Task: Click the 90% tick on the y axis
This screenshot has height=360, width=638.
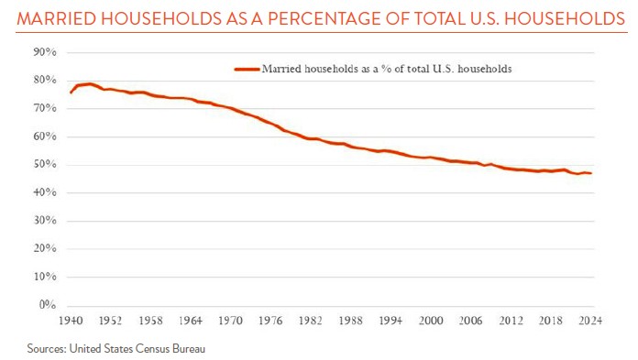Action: pos(45,52)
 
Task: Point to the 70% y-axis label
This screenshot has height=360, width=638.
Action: pos(45,108)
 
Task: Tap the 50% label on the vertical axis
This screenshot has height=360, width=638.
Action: pos(45,165)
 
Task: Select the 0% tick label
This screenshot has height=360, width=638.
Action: pos(48,305)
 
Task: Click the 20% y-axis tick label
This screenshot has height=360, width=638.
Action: pos(45,249)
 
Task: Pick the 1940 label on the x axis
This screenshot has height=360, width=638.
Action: pos(71,322)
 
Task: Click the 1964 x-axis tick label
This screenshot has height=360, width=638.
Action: pos(191,322)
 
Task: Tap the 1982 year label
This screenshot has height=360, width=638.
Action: pos(312,322)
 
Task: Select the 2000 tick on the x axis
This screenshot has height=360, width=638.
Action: pos(432,322)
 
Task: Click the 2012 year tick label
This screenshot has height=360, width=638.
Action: pos(512,322)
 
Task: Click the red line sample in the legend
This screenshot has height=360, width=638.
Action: pos(247,69)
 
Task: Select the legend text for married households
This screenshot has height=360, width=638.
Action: pos(386,69)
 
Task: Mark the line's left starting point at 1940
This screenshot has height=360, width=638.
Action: pos(71,93)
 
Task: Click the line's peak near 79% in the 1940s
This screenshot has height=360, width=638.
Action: pos(90,83)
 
